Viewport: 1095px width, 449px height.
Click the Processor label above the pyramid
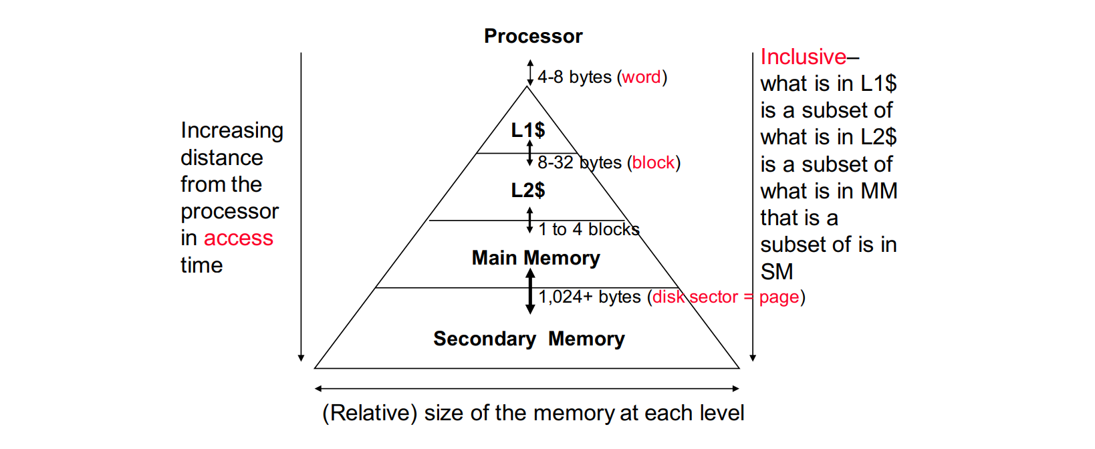click(x=533, y=36)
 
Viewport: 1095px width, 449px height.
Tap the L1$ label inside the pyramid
click(x=527, y=130)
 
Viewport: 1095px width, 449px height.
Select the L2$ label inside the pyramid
click(x=527, y=190)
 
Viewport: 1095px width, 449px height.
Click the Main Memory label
click(x=535, y=258)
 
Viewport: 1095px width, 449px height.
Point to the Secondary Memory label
click(x=529, y=339)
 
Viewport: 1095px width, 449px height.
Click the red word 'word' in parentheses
click(x=641, y=78)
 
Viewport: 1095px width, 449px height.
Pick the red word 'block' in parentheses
click(x=653, y=163)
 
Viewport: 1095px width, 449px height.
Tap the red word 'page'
click(x=779, y=297)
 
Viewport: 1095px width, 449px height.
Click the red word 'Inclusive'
click(x=803, y=57)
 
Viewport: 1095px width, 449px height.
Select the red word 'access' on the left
click(x=238, y=239)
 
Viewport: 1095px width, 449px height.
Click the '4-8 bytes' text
click(x=574, y=78)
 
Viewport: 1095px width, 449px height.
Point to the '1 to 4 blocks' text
click(x=589, y=230)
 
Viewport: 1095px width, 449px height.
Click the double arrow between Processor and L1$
click(x=530, y=72)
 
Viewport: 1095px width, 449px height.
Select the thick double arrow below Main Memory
click(x=530, y=291)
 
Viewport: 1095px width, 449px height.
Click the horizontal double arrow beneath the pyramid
click(x=527, y=388)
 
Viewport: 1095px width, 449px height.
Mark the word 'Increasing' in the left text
click(x=231, y=130)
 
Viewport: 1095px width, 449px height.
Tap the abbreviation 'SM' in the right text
click(x=777, y=272)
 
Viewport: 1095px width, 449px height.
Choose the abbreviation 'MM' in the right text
click(x=878, y=191)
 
